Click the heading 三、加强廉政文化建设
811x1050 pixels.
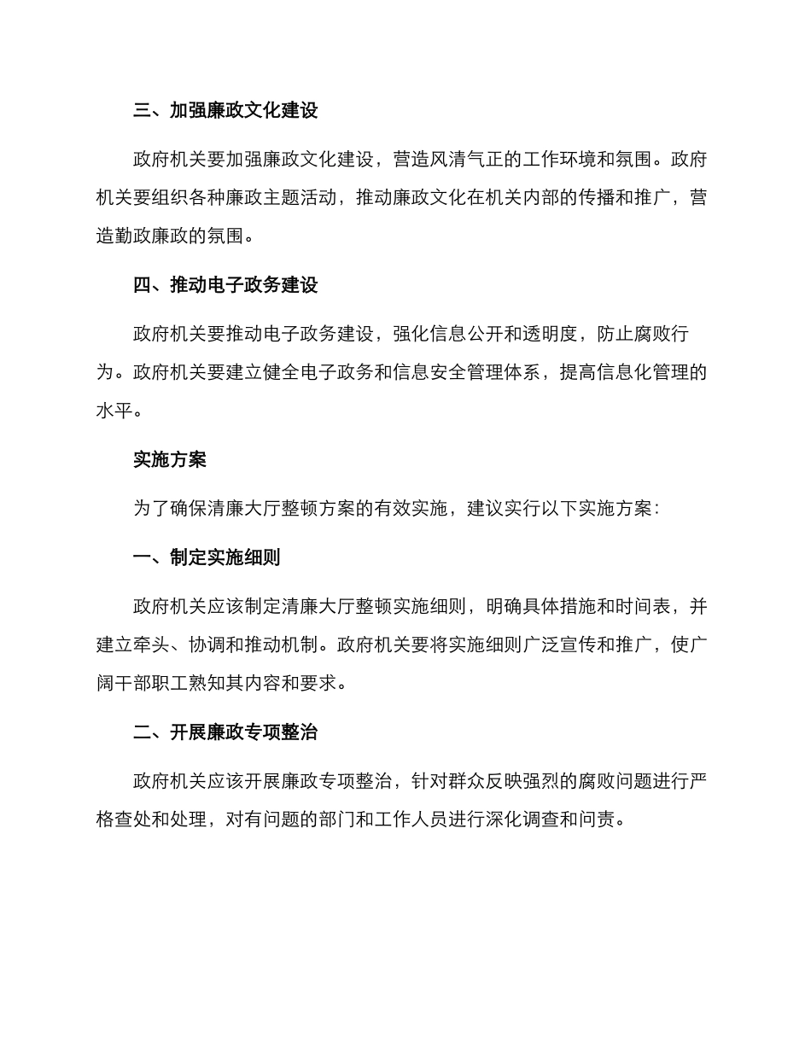(x=225, y=111)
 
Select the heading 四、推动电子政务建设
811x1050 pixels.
(x=225, y=285)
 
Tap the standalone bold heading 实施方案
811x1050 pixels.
(x=170, y=459)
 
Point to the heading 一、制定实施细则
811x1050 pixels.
(x=207, y=557)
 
